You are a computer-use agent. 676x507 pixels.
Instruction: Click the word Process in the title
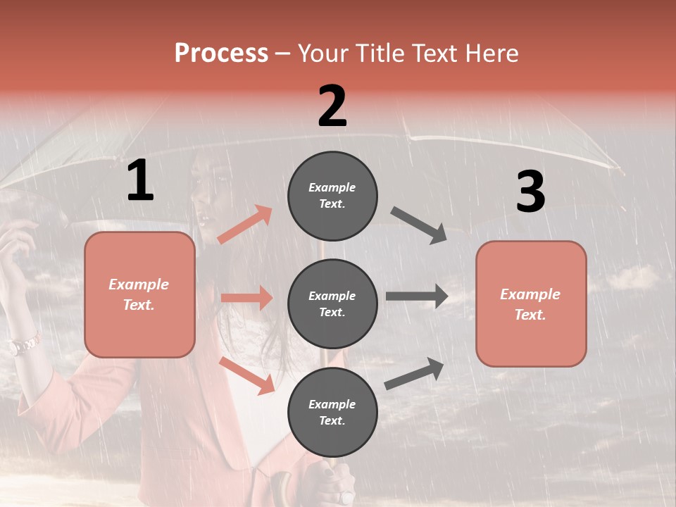221,53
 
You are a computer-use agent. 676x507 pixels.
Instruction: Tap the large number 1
140,180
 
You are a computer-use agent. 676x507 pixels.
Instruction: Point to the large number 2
332,106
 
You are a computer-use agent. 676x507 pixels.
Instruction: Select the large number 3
530,192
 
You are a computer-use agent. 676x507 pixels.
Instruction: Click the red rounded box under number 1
139,294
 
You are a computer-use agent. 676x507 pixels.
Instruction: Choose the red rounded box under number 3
531,304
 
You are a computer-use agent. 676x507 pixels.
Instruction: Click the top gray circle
332,196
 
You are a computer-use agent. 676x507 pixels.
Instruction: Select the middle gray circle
332,303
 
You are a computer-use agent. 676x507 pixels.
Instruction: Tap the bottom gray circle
332,412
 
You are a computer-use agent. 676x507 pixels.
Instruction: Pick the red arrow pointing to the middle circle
246,298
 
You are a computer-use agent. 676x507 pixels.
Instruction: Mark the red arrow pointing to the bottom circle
246,375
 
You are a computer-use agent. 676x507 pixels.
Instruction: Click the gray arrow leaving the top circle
418,225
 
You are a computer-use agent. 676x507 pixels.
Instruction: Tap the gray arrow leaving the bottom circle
414,373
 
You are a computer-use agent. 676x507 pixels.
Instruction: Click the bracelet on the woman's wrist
24,345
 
